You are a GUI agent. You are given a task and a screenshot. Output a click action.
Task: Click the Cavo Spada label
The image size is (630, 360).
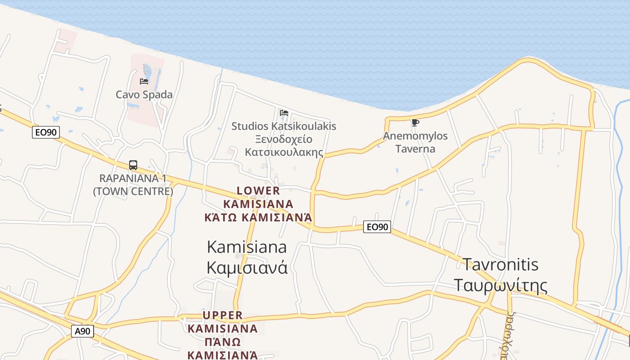point(144,94)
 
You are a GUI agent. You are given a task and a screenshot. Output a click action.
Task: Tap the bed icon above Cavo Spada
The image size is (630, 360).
point(144,81)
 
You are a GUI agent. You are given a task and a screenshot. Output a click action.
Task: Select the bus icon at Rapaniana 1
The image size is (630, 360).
point(133,165)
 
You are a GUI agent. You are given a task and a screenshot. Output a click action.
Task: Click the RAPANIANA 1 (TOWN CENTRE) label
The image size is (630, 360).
point(133,184)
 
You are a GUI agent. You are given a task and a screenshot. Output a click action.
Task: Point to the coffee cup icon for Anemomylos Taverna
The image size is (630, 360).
point(415,122)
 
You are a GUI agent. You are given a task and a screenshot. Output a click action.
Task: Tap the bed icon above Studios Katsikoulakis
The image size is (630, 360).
point(283,113)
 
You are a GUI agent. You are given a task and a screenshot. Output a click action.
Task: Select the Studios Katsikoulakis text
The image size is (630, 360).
point(283,126)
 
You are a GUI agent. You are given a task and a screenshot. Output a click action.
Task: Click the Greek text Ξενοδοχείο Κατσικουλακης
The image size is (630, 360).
point(284,145)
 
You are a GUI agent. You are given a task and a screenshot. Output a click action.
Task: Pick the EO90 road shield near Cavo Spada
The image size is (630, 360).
point(46,133)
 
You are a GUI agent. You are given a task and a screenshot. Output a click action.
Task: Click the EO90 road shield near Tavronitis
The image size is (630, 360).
point(377,227)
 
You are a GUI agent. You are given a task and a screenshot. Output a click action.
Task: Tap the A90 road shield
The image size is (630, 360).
point(82,332)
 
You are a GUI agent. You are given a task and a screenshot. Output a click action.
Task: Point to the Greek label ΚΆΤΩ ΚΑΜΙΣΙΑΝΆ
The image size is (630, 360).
point(258,218)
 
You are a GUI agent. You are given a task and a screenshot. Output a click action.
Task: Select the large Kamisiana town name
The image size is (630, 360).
point(247,247)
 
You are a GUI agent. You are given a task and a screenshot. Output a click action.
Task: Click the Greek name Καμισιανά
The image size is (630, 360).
point(247,268)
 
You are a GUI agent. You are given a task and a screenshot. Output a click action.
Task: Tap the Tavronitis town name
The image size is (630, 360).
point(500,265)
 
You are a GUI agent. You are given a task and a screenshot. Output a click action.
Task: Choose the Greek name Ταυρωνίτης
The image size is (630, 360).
point(500,286)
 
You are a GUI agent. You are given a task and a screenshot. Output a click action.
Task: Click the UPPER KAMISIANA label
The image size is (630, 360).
point(223,322)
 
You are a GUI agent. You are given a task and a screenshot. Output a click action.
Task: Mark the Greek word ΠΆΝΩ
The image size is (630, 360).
point(223,342)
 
